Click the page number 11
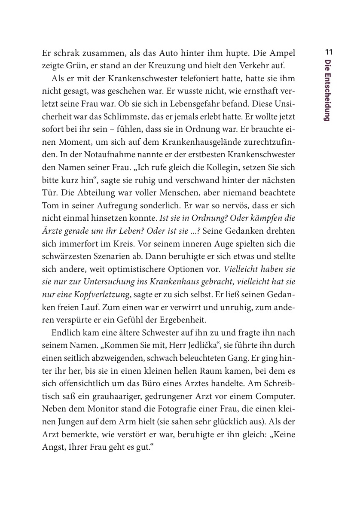(x=329, y=52)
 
